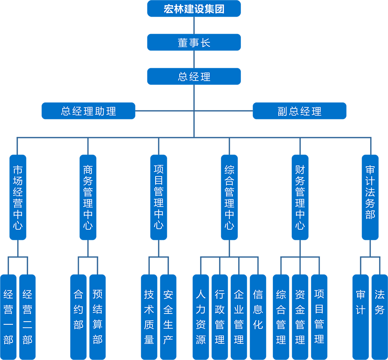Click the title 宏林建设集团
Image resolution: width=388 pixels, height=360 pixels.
(194, 9)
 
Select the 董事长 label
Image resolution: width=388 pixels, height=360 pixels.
(194, 43)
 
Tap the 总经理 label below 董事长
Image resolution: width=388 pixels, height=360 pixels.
(194, 77)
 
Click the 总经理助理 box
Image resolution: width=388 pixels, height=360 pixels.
(88, 112)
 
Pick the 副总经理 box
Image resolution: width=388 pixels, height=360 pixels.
(300, 112)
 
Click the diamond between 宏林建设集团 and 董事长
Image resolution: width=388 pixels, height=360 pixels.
(194, 26)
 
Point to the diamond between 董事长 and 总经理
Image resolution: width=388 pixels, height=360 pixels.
(194, 60)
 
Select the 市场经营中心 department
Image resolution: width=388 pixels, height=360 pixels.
(17, 198)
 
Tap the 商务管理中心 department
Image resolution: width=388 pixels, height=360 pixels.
(88, 198)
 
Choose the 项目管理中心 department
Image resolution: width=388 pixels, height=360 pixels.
(159, 198)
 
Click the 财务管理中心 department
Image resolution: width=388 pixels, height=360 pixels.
(300, 198)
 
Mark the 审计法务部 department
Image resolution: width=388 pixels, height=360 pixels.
(370, 192)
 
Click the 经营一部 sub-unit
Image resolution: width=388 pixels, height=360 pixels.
(8, 317)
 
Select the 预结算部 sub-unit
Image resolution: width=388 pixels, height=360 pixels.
(97, 317)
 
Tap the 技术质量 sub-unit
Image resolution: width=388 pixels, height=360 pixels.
(149, 317)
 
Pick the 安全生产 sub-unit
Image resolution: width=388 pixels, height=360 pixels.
(168, 317)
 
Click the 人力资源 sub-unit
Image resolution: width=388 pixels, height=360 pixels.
(201, 317)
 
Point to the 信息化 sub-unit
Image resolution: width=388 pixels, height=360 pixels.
(258, 310)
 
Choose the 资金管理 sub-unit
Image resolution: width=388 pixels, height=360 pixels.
(300, 317)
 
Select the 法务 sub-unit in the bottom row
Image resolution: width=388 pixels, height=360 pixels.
(379, 302)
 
